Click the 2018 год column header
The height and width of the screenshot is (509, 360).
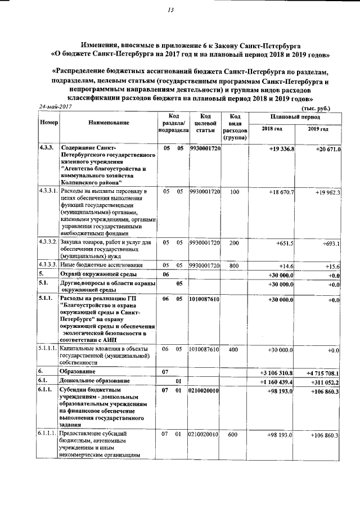(x=272, y=129)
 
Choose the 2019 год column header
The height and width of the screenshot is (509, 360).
(x=318, y=129)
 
